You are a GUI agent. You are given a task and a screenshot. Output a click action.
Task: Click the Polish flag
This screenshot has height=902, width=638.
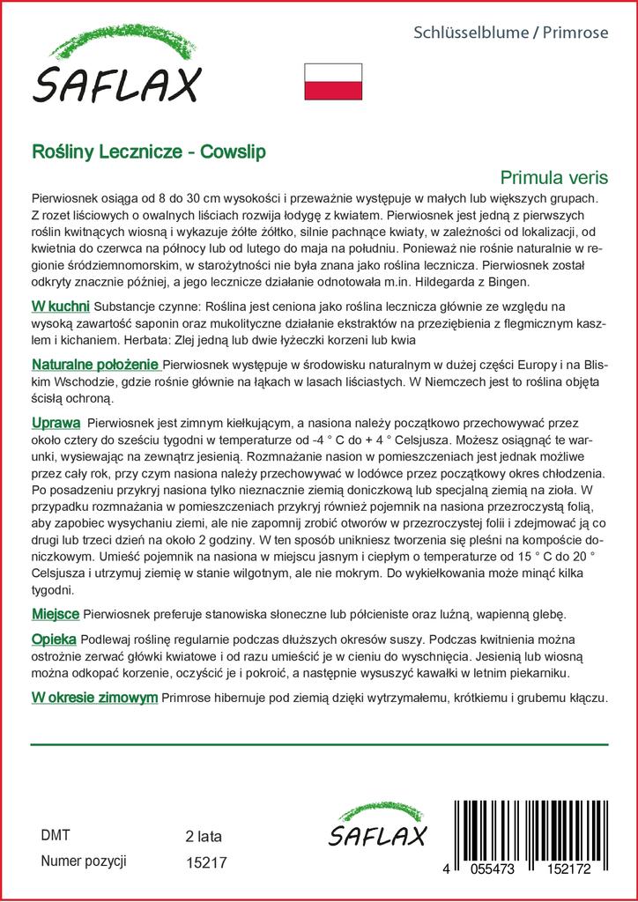click(334, 81)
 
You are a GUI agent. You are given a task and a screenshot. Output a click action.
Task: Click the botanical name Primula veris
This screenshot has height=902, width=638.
click(553, 177)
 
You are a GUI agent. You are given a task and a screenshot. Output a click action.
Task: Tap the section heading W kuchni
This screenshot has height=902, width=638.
click(60, 307)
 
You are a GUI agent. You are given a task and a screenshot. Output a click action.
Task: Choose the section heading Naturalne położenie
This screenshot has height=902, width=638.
click(95, 365)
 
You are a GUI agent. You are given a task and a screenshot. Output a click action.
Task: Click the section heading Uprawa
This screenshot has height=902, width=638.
click(56, 423)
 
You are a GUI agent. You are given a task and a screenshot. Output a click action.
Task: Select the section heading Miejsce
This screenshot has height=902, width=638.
click(56, 613)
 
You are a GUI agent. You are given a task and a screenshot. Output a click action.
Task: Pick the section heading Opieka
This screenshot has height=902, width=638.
click(54, 639)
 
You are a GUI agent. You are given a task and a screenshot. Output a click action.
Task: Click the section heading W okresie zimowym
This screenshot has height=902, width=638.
click(94, 698)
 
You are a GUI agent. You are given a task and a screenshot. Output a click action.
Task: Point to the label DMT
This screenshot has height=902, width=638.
click(56, 835)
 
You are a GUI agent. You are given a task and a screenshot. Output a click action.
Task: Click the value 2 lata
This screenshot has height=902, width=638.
click(204, 836)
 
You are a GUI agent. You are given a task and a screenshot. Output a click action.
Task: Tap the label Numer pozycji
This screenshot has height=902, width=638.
click(85, 861)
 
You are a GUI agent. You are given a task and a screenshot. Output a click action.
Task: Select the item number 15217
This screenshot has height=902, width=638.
click(207, 863)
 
